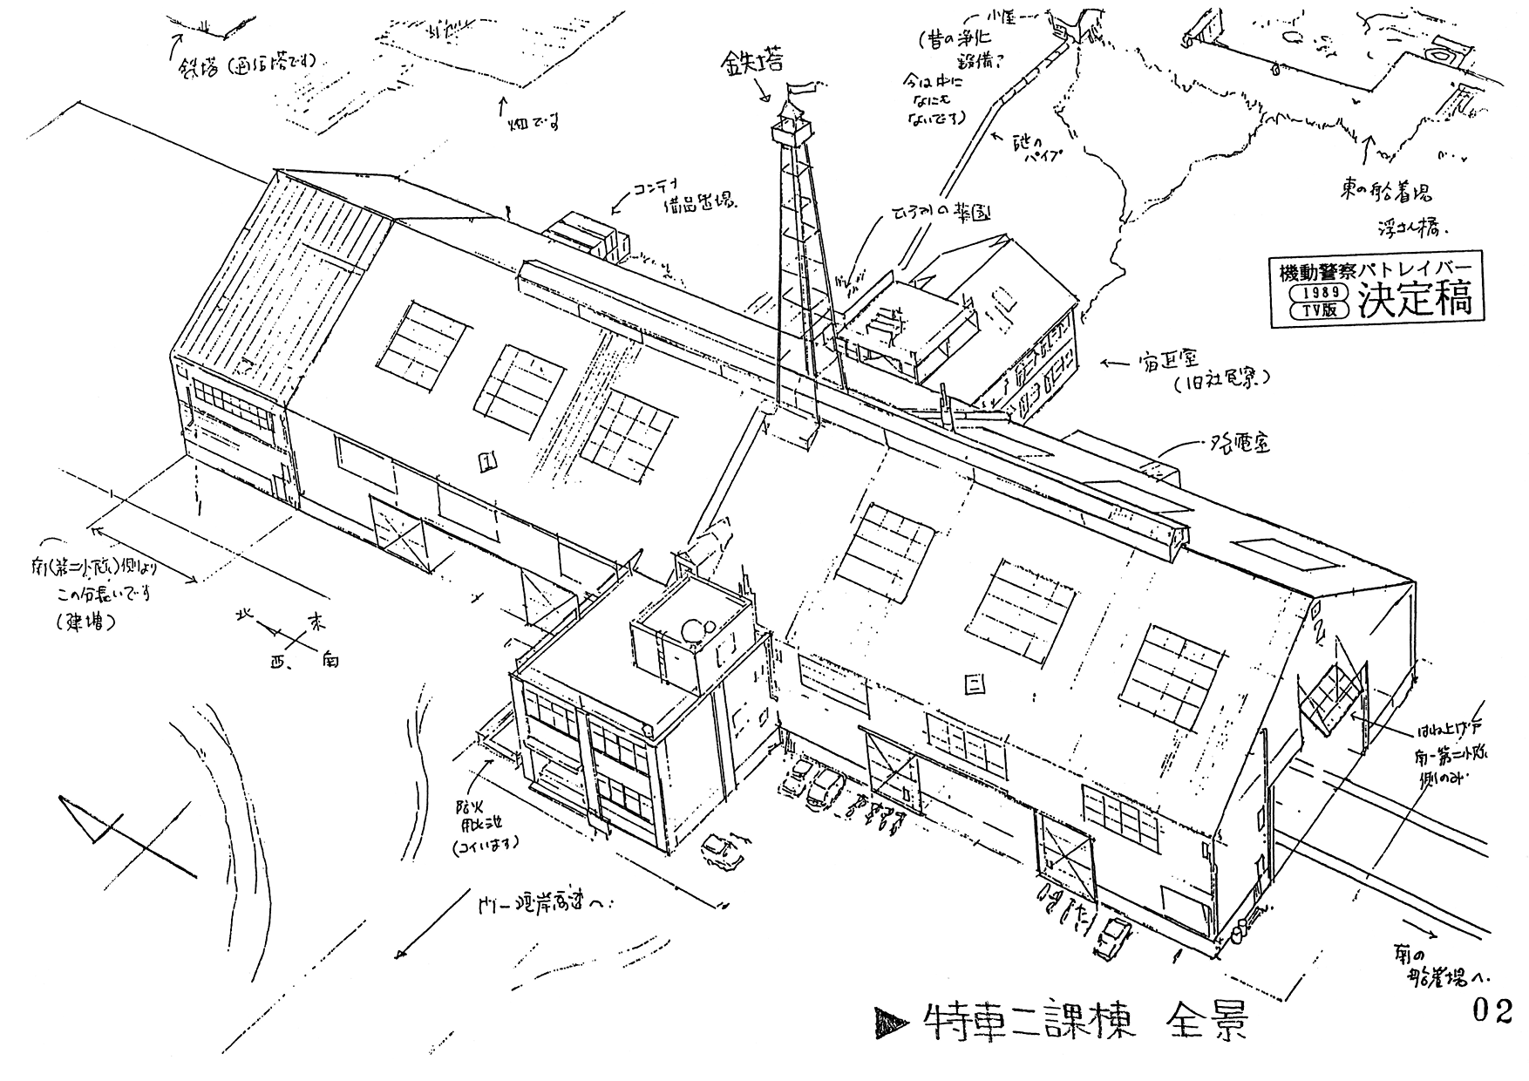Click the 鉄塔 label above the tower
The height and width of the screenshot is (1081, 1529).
pos(751,61)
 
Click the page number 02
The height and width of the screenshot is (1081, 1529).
pos(1492,1010)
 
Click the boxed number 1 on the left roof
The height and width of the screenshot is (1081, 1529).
pos(487,461)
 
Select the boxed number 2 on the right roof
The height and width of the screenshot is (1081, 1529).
pos(974,684)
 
